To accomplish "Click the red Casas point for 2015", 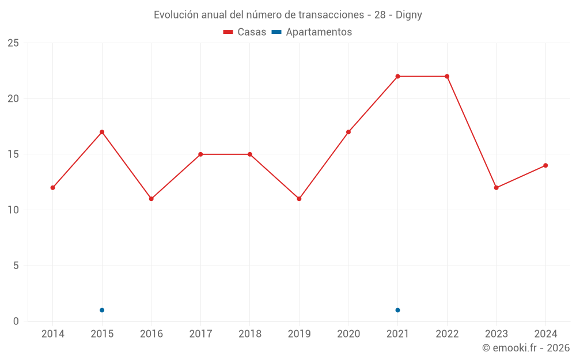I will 102,132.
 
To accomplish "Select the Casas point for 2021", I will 397,77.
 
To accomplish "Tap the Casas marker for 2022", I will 447,77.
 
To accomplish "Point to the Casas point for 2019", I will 299,199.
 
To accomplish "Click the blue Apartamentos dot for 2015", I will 102,310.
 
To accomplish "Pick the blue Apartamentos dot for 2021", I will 397,310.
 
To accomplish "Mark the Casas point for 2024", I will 545,165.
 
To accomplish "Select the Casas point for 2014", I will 52,188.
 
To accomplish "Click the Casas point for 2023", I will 496,188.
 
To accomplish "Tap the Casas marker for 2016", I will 151,199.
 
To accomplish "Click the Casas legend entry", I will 245,32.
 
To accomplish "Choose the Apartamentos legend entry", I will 312,32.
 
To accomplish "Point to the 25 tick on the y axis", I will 13,43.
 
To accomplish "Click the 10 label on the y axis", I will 13,210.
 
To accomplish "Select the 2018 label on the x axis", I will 250,334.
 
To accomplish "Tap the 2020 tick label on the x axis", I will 348,334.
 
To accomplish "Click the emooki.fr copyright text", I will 526,348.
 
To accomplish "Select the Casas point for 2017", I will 200,154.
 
